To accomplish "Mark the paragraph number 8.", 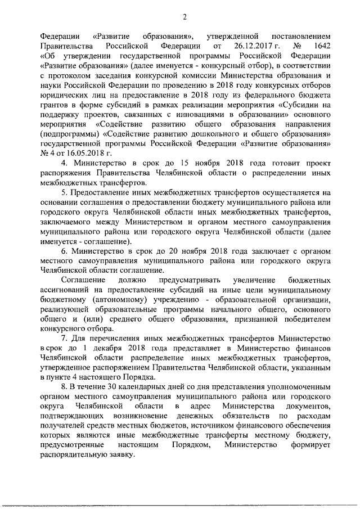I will pyautogui.click(x=63, y=388).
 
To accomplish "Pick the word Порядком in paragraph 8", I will pyautogui.click(x=189, y=445).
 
